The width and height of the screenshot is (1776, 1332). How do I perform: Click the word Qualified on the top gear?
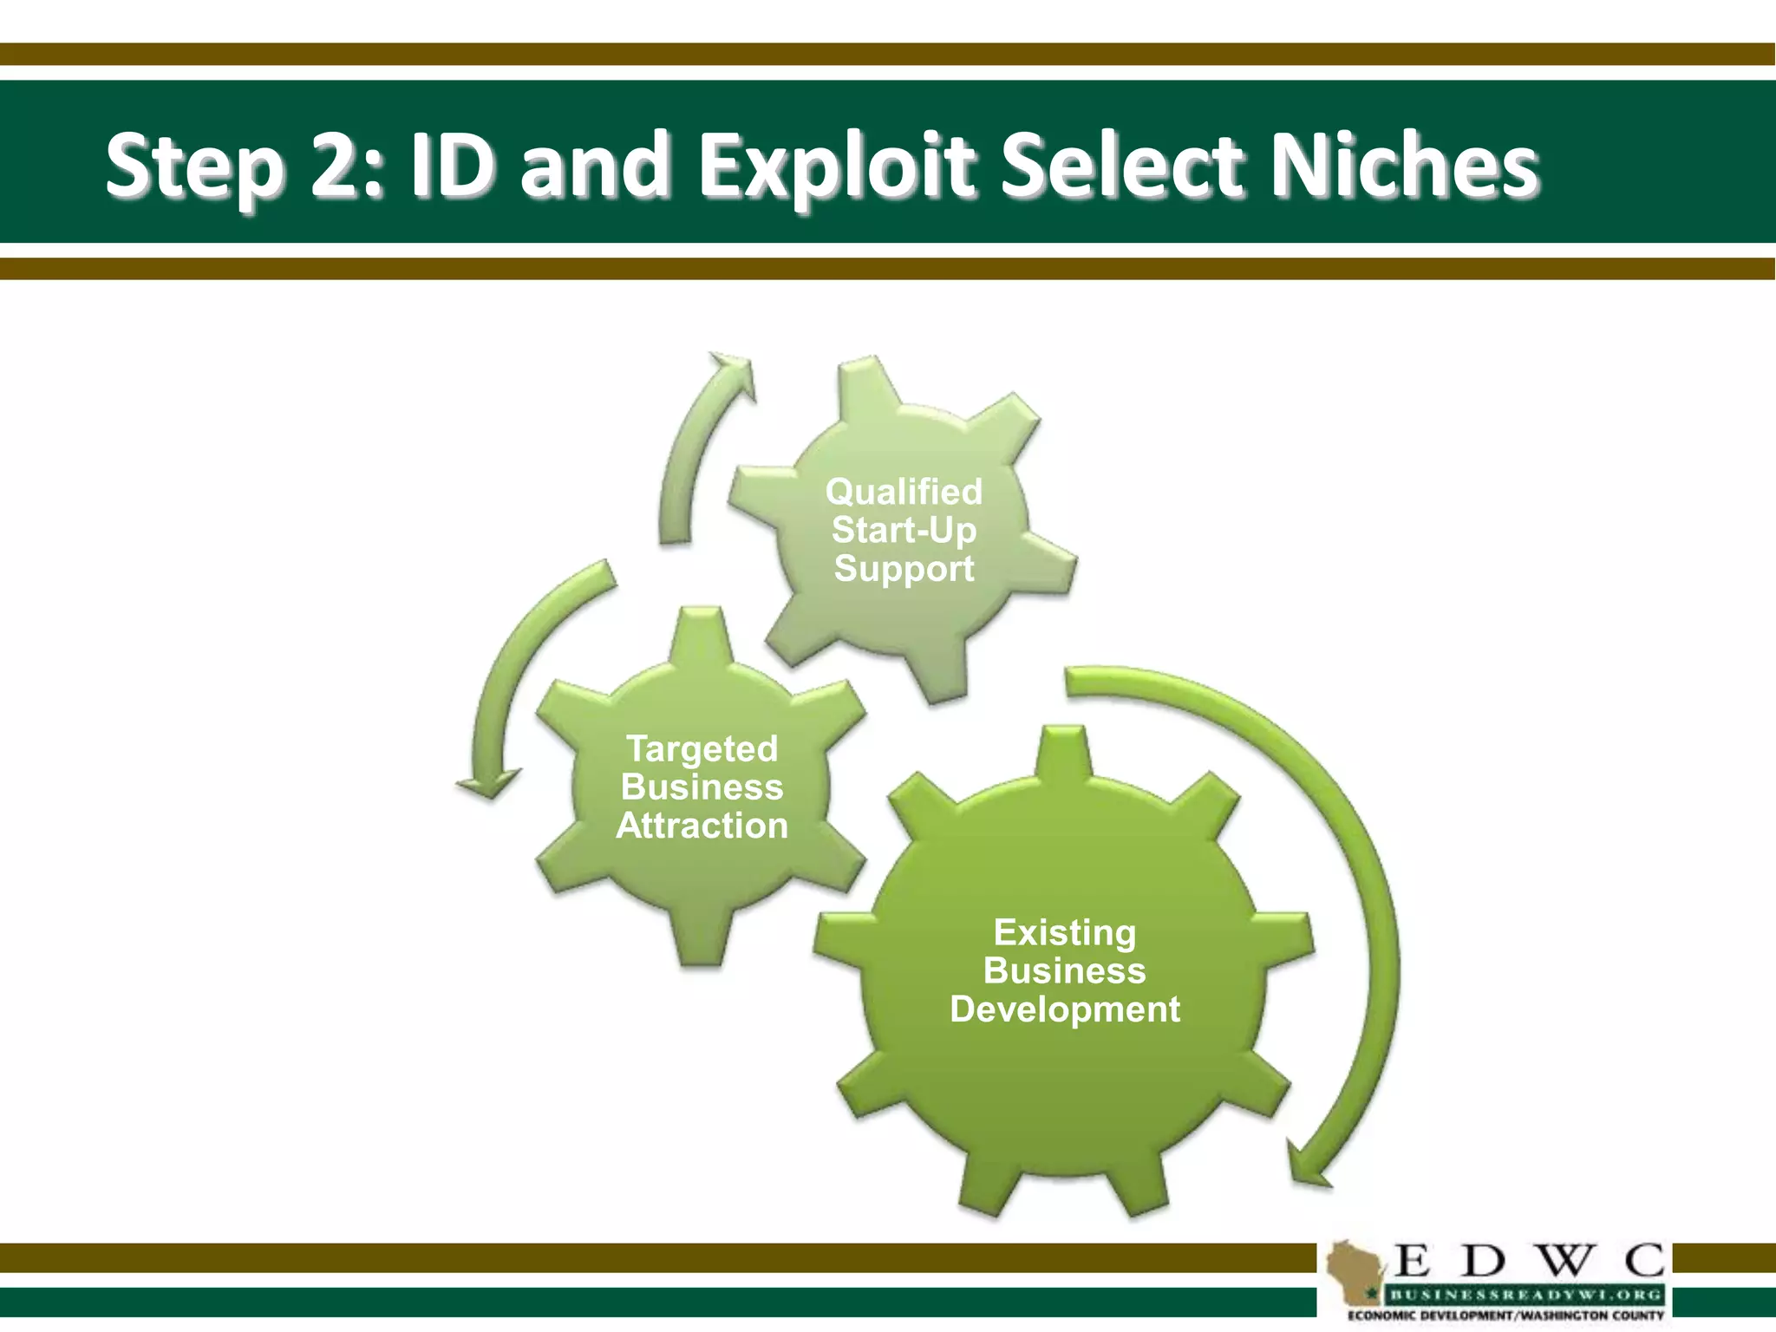(x=904, y=492)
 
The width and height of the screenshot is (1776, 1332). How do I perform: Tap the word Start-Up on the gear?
(x=904, y=530)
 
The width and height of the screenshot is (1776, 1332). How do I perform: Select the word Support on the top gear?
(x=904, y=569)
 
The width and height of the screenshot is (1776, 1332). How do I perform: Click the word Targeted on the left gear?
(x=702, y=749)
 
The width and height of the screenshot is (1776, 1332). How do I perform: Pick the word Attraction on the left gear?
(x=702, y=826)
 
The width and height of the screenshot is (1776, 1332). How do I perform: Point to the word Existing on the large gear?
(x=1065, y=933)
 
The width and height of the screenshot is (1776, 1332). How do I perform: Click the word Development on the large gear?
(x=1065, y=1009)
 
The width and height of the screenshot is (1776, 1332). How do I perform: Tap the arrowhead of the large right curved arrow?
(x=1305, y=1166)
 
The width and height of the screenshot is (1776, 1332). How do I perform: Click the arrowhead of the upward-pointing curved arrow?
(x=734, y=370)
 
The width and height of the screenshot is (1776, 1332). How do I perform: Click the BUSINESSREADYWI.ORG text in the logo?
(x=1525, y=1295)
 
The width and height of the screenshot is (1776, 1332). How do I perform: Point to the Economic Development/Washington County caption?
(x=1505, y=1316)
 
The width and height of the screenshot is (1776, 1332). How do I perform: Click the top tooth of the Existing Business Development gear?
(x=1065, y=750)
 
